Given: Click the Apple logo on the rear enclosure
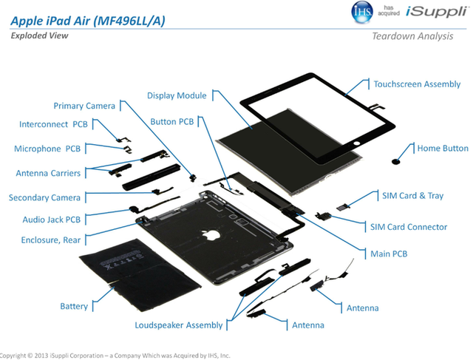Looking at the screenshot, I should [x=214, y=235].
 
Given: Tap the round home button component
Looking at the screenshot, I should [x=398, y=157].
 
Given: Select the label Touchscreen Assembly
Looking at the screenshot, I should [x=417, y=84].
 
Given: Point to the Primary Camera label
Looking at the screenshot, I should [x=85, y=106].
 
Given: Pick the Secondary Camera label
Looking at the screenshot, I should [x=44, y=197].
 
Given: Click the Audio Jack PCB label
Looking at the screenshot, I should [x=50, y=220].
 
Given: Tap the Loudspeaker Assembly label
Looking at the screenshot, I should [x=178, y=325].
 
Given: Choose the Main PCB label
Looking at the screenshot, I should [x=388, y=254].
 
